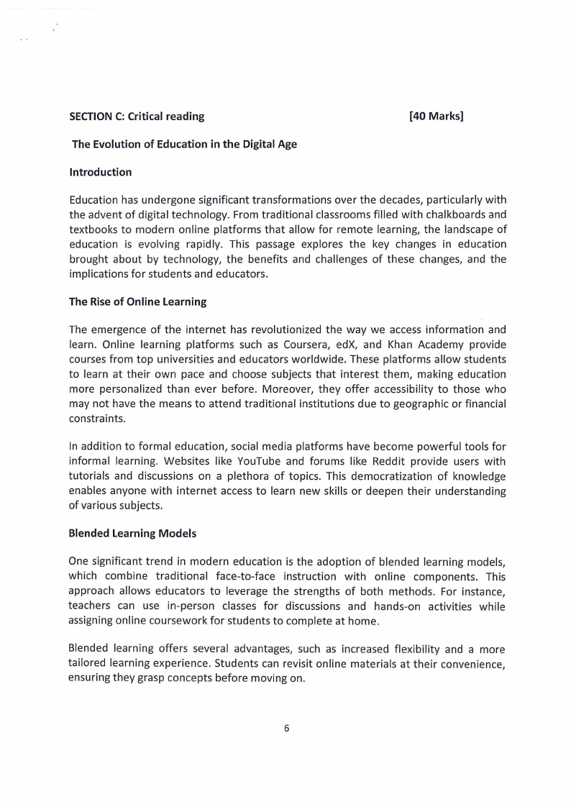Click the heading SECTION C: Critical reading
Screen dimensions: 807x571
(x=137, y=116)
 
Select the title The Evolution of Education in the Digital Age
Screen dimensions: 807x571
(x=185, y=144)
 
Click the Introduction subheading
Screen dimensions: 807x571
(x=101, y=172)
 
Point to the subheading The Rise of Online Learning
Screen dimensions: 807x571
(x=137, y=302)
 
